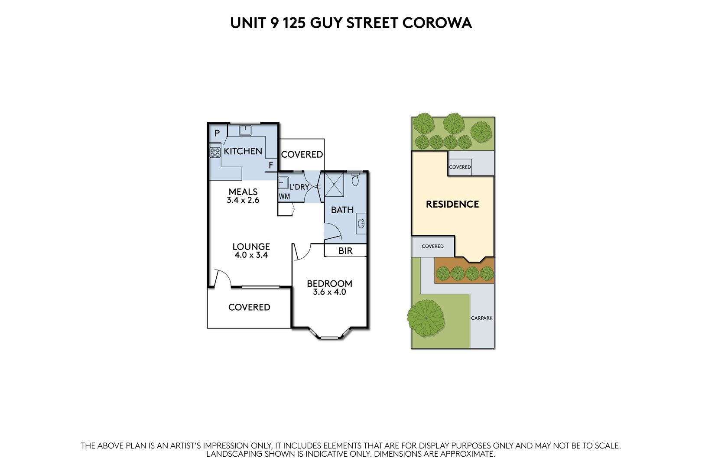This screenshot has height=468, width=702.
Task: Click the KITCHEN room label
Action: (243, 151)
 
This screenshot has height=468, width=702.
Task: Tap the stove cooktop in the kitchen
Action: (215, 153)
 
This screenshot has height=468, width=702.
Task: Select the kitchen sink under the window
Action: (245, 130)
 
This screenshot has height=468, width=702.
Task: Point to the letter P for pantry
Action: (217, 133)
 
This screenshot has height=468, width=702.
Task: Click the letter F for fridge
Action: (271, 165)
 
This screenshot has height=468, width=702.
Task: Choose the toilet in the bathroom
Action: (355, 179)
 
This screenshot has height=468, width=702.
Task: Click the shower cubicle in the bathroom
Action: (334, 184)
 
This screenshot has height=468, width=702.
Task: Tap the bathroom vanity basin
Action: (361, 224)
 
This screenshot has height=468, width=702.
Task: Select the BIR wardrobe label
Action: (345, 251)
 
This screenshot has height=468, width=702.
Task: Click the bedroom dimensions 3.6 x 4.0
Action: (329, 292)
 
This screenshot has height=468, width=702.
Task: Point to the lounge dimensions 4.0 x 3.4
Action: (251, 255)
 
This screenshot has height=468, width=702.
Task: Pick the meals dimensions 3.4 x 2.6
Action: (243, 200)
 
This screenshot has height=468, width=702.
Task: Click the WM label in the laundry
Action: (285, 197)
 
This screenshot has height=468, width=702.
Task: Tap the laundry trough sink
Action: (284, 182)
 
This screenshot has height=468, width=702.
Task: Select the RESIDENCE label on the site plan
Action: (452, 205)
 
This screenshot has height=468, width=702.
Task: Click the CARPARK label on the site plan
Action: (482, 318)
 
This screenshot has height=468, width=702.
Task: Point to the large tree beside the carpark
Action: (426, 318)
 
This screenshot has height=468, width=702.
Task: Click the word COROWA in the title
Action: (437, 23)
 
